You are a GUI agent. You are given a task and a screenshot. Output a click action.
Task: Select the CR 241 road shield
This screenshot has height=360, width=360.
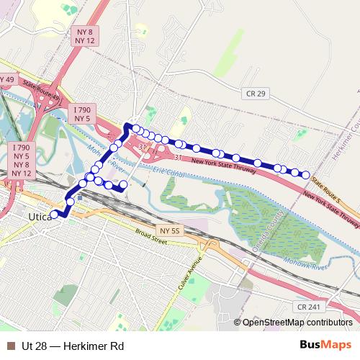(307, 307)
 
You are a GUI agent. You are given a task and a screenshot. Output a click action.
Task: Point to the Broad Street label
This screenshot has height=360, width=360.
(152, 237)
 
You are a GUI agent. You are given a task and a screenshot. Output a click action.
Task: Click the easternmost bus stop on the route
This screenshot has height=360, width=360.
(305, 175)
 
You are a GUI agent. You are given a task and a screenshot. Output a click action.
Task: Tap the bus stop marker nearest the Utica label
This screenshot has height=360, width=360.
(54, 214)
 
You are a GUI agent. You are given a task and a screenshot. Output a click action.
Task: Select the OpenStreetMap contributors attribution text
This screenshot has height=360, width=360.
(297, 323)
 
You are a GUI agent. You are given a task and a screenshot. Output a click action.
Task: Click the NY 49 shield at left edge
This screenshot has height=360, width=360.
(6, 78)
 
